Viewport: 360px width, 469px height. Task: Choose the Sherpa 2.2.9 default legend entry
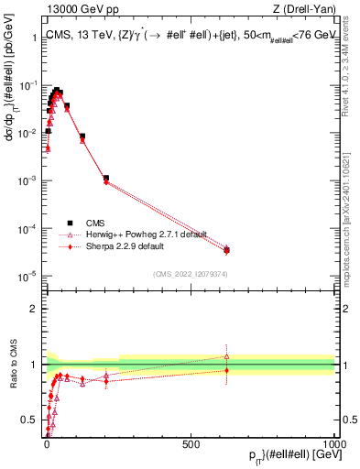pyautogui.click(x=124, y=246)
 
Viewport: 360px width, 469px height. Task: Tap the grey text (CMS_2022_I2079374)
pyautogui.click(x=191, y=272)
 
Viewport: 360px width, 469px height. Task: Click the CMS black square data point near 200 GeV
pyautogui.click(x=106, y=178)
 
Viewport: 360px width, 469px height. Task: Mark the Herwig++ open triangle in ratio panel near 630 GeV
pyautogui.click(x=226, y=356)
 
